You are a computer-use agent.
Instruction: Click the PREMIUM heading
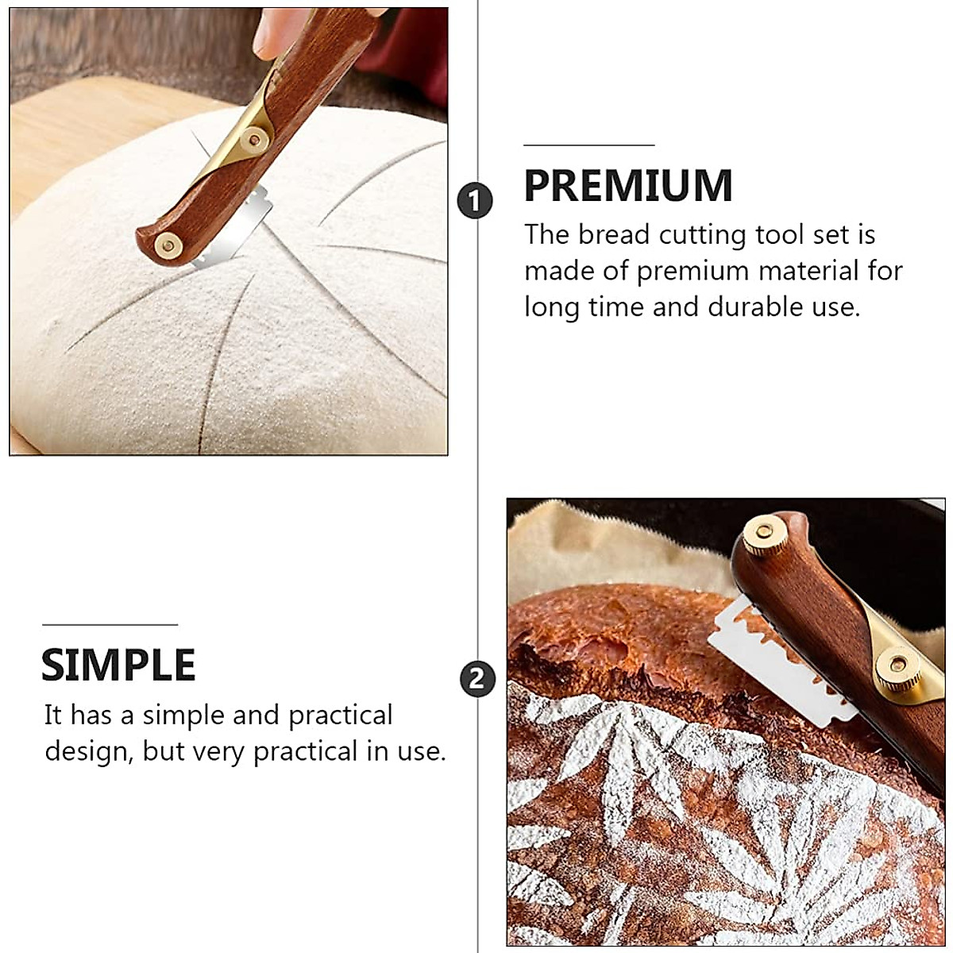pyautogui.click(x=627, y=185)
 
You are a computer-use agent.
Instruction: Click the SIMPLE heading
pyautogui.click(x=118, y=665)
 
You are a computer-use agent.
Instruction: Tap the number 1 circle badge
pyautogui.click(x=475, y=200)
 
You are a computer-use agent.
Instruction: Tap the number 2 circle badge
pyautogui.click(x=477, y=680)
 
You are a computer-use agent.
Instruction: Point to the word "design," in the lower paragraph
pyautogui.click(x=87, y=751)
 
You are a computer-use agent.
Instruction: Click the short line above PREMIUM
pyautogui.click(x=588, y=145)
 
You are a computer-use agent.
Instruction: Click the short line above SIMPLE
pyautogui.click(x=110, y=625)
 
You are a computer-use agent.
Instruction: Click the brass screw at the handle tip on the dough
pyautogui.click(x=167, y=243)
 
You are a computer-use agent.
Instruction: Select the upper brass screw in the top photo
pyautogui.click(x=254, y=139)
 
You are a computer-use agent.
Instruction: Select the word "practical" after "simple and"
pyautogui.click(x=340, y=716)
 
